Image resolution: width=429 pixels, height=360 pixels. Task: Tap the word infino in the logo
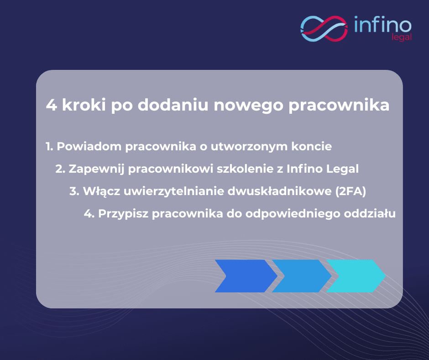[x=383, y=24]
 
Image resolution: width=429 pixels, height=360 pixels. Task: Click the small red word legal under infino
[x=401, y=37]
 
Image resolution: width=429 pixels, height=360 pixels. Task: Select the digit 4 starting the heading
[x=52, y=105]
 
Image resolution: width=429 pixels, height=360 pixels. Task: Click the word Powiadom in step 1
[x=89, y=146]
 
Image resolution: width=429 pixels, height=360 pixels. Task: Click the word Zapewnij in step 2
[x=97, y=169]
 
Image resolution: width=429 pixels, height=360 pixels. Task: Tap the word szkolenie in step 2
[x=245, y=169]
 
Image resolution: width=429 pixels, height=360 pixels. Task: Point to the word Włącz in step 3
[x=101, y=191]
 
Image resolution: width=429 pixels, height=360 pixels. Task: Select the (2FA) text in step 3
[x=351, y=191]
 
